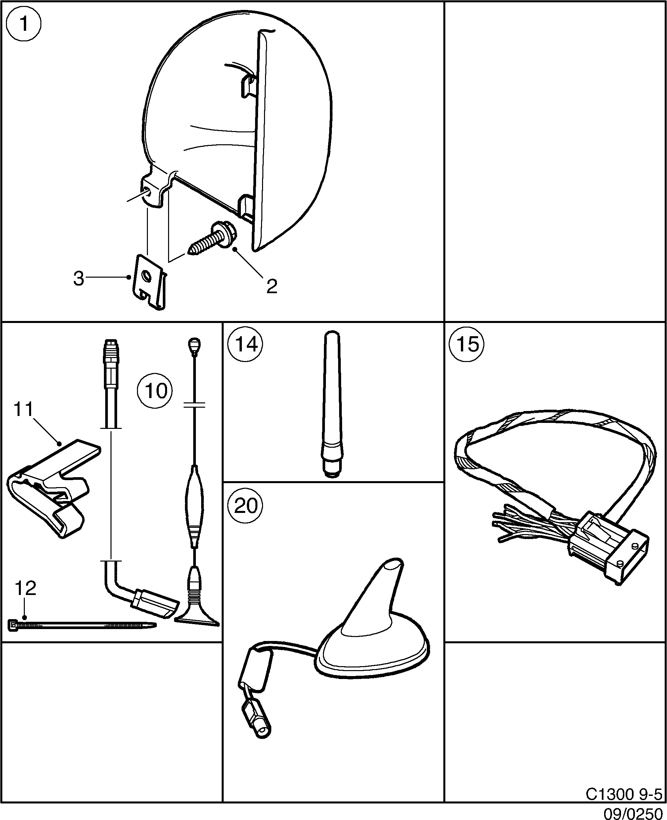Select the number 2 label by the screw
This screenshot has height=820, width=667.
click(272, 286)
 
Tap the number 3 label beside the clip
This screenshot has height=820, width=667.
click(78, 279)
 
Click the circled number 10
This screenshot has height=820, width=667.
click(155, 391)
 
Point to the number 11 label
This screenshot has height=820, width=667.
click(23, 409)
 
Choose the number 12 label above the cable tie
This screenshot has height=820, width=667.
click(25, 588)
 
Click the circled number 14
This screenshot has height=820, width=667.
click(245, 343)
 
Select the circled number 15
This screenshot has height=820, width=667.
click(467, 343)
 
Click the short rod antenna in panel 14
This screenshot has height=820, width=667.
click(332, 403)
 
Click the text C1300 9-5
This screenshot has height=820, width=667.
click(623, 794)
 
